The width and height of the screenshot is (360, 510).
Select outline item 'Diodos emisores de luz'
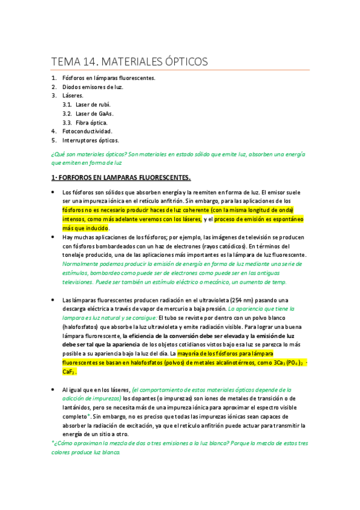pos(93,87)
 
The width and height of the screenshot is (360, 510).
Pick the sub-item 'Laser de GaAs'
pos(94,113)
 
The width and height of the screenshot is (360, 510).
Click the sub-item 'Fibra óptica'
pos(91,122)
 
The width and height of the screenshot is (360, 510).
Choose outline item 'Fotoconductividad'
pos(87,131)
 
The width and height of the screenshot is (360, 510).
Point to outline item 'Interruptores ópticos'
pos(91,140)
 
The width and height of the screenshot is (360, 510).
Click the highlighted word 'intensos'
pos(75,219)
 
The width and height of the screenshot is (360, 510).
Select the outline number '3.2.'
pos(67,113)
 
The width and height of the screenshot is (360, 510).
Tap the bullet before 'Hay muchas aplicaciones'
pos(53,237)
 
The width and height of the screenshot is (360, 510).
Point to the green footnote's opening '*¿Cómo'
pos(62,443)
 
